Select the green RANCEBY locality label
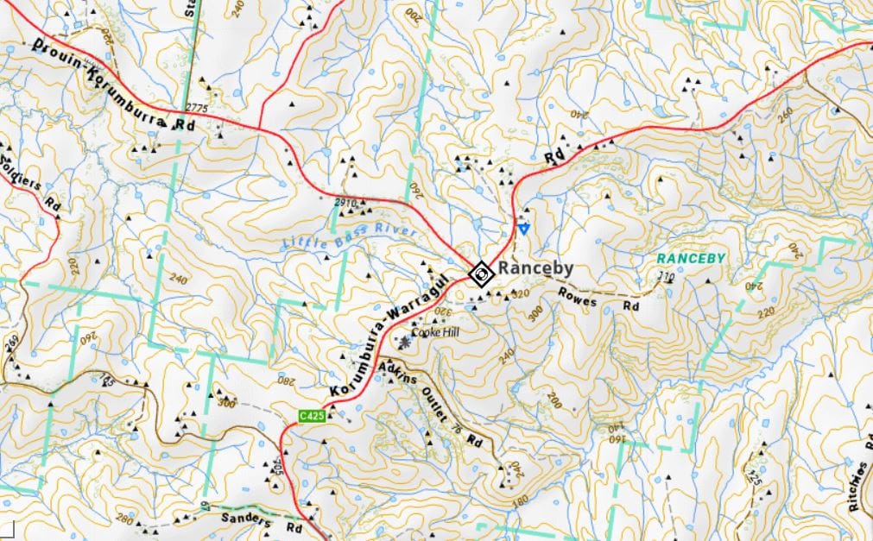688,258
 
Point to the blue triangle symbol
523,229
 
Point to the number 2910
345,202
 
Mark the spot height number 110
666,277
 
